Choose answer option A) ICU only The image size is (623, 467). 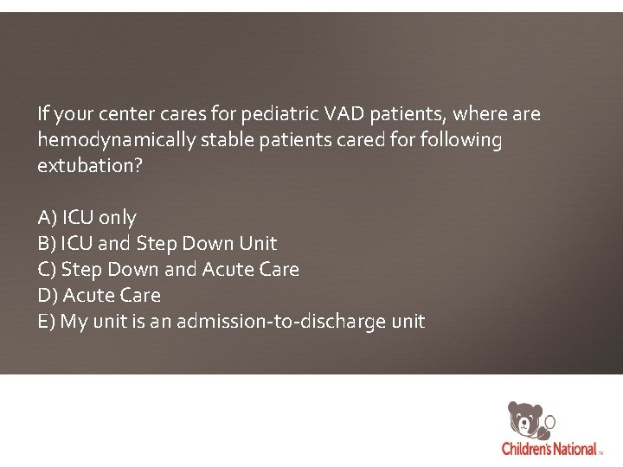[x=87, y=218]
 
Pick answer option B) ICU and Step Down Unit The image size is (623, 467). [x=157, y=244]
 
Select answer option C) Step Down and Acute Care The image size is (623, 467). [x=169, y=270]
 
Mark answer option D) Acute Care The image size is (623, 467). [x=100, y=296]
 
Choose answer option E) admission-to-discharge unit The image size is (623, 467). [x=231, y=322]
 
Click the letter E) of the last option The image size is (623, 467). [x=47, y=322]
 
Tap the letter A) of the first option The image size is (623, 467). [x=48, y=218]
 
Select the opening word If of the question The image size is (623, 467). [x=43, y=114]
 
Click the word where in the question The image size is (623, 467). [x=480, y=114]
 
